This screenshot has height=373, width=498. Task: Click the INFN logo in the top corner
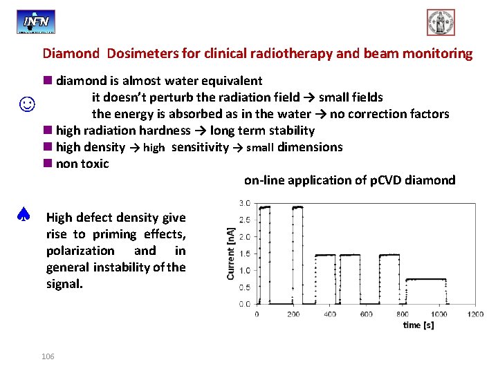tap(36, 21)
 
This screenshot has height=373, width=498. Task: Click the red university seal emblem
tap(441, 22)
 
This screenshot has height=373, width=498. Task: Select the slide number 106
tap(48, 356)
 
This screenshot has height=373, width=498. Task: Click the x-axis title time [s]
tap(418, 325)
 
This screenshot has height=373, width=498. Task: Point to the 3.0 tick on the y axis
tap(245, 203)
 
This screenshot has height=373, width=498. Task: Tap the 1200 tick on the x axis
tap(474, 314)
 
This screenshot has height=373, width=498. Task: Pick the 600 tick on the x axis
tap(365, 314)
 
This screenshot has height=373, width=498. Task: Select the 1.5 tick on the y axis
tap(245, 254)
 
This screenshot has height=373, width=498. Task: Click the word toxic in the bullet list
tap(95, 164)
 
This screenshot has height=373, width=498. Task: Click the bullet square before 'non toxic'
tap(46, 164)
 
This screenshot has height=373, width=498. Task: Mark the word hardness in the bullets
tap(165, 131)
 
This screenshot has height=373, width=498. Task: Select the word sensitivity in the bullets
tap(200, 147)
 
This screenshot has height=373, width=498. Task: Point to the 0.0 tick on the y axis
tap(245, 304)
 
